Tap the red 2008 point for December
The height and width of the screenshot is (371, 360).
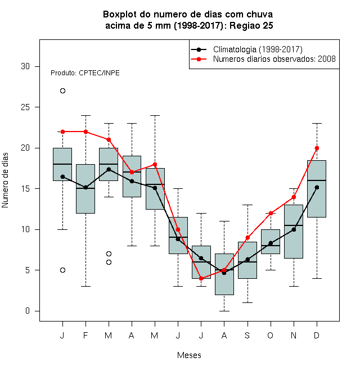pos(317,148)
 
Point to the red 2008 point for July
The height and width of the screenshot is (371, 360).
pos(201,278)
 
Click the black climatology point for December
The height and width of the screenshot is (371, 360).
pos(317,187)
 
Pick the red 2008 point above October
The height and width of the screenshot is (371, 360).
pos(271,213)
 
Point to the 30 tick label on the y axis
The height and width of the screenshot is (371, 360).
pos(25,66)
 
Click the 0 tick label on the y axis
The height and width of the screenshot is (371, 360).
pos(28,311)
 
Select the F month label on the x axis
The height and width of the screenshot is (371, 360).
pos(85,335)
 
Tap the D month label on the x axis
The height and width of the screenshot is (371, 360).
pos(317,335)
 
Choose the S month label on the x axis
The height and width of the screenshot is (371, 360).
pos(247,335)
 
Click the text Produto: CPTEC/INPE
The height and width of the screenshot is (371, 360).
pos(85,73)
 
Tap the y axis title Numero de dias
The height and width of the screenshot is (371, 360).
pos(5,180)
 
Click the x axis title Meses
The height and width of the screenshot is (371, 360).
pos(189,355)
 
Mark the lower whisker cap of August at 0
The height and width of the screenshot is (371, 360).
pos(224,311)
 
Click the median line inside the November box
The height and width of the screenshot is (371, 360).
pos(294,225)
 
